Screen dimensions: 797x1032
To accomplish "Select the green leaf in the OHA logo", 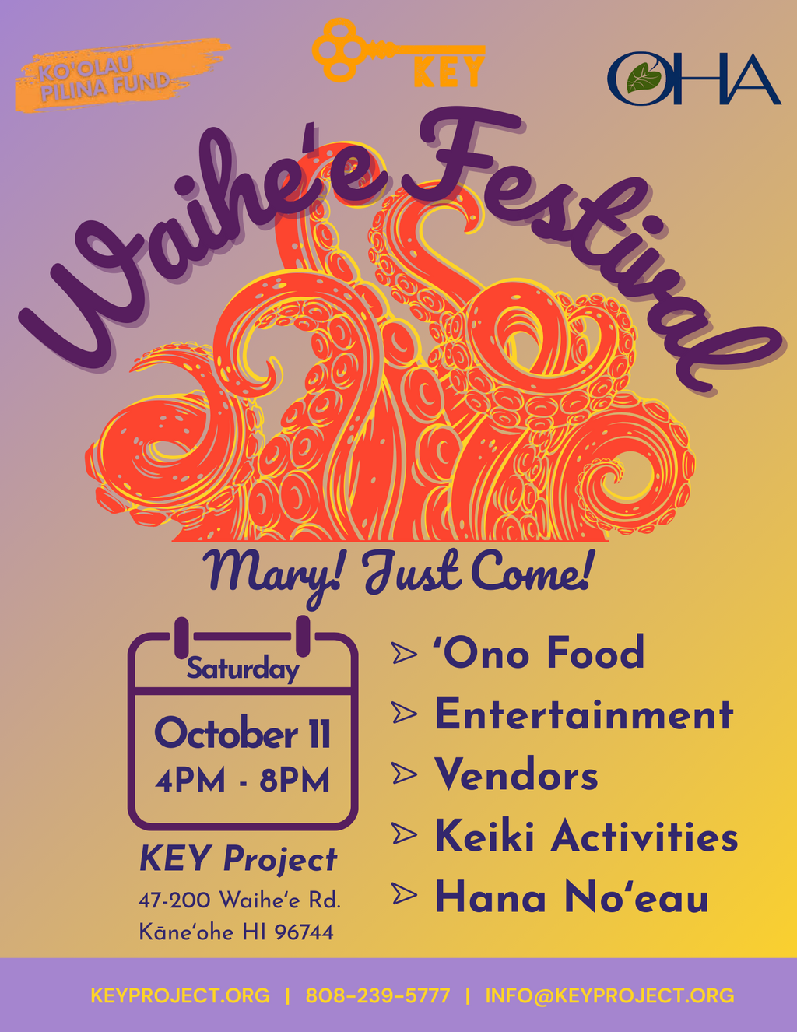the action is click(644, 78).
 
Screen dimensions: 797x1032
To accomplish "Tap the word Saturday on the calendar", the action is click(243, 669).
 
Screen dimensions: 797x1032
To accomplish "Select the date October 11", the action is click(242, 733).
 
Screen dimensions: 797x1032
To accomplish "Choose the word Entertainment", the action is click(585, 714).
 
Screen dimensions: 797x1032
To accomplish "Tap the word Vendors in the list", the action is click(516, 774).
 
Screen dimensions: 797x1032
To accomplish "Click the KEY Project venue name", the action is click(238, 859).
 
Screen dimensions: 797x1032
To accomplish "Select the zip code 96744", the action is click(304, 932).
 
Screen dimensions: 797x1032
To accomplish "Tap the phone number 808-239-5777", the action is click(377, 995).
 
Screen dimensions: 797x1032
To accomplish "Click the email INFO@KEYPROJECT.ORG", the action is click(610, 995).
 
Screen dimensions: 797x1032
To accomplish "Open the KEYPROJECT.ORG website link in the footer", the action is click(180, 995).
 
